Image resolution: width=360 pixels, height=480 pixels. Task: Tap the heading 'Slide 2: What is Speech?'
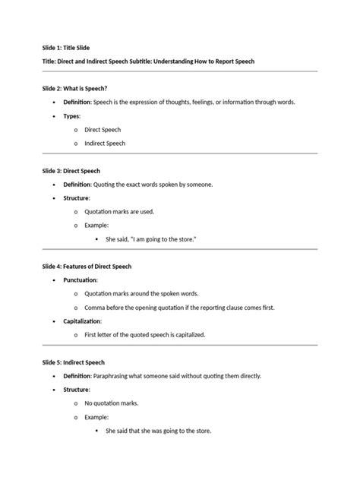[80, 89]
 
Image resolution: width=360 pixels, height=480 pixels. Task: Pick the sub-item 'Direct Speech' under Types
[103, 130]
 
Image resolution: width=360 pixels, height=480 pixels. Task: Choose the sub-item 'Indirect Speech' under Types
[105, 144]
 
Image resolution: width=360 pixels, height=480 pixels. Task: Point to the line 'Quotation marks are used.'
[122, 212]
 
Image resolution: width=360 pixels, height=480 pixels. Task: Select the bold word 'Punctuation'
[81, 280]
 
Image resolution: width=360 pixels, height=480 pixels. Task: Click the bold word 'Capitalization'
[83, 321]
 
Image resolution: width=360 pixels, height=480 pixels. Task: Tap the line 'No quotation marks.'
[112, 403]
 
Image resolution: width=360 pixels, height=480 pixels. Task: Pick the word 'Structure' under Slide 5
[77, 390]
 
